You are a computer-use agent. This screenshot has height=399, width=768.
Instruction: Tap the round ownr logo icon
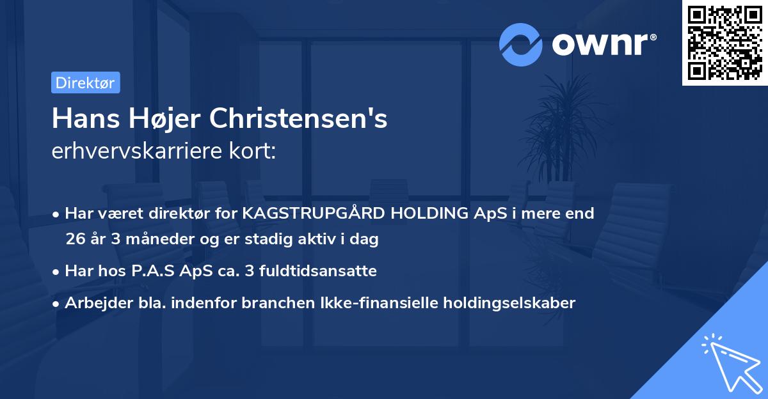521,44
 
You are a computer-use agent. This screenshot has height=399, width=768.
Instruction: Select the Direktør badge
85,82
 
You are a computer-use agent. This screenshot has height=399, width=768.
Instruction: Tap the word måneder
152,240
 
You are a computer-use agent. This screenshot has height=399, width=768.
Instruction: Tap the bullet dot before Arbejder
57,304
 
